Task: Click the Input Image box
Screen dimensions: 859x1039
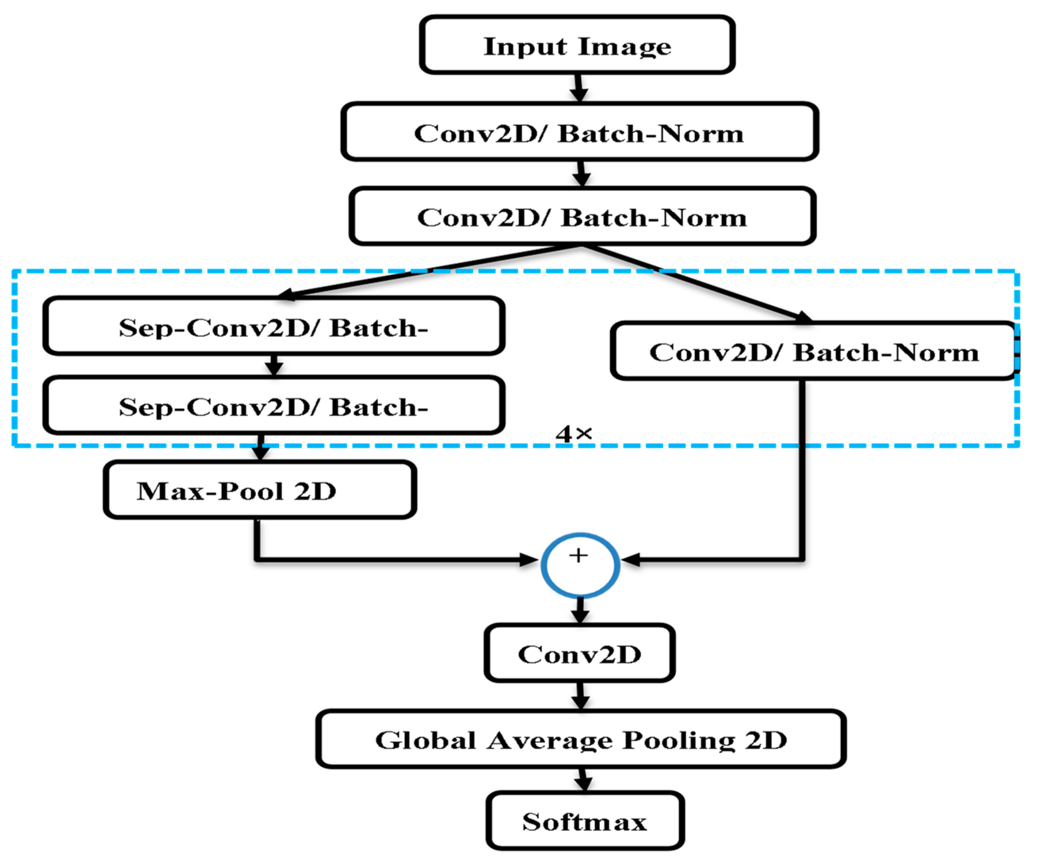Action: (x=576, y=46)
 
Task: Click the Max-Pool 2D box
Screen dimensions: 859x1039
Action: (x=260, y=491)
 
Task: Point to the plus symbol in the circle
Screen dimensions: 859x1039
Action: (x=578, y=556)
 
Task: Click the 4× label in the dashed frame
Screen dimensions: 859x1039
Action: (x=573, y=434)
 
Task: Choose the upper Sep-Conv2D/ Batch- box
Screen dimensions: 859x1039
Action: (x=273, y=327)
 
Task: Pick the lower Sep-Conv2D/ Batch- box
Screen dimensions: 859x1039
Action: (x=273, y=406)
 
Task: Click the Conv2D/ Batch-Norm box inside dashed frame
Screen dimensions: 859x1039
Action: (x=813, y=352)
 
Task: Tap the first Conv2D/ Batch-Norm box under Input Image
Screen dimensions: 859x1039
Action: (x=579, y=133)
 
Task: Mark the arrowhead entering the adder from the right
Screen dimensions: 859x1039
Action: (x=631, y=560)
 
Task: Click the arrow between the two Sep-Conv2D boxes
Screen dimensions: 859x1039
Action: (x=273, y=366)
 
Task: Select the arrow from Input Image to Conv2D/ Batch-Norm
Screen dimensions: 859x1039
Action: (x=578, y=89)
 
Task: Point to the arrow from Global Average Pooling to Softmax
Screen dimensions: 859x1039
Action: (x=584, y=781)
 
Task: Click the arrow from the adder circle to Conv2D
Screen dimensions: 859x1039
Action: (x=580, y=611)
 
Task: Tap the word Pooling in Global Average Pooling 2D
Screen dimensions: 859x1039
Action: (x=678, y=741)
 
